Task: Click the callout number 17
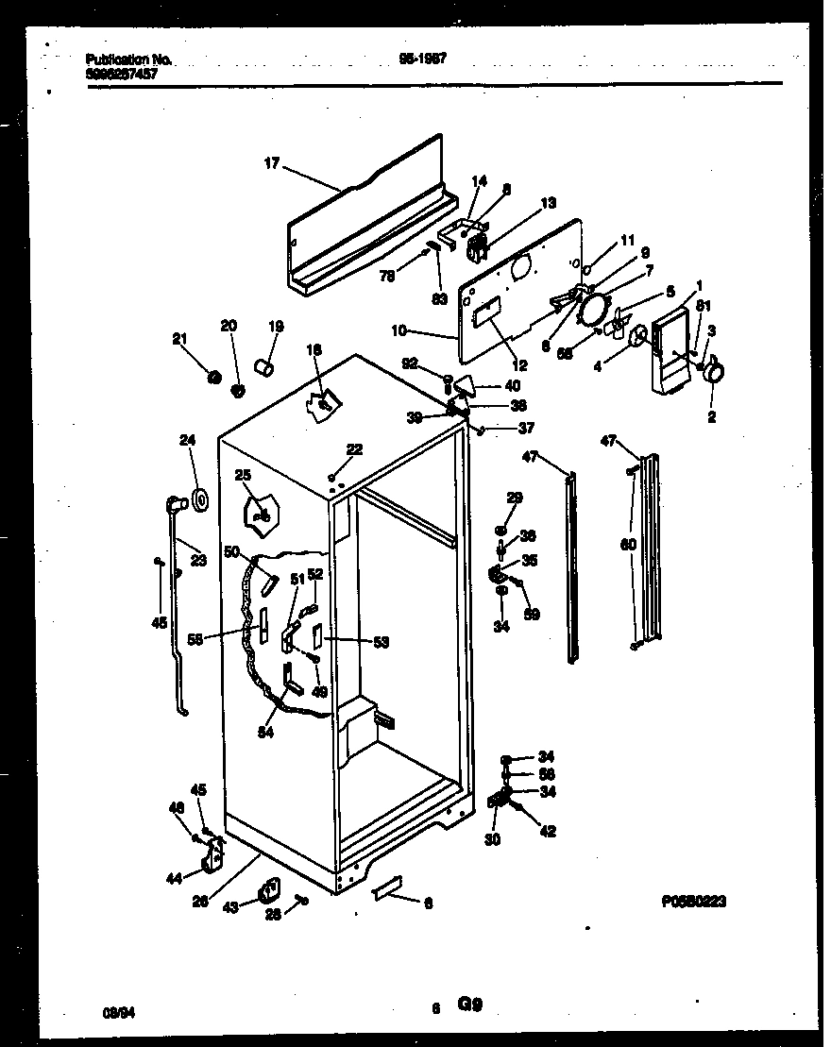pos(271,164)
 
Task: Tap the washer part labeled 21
pos(214,378)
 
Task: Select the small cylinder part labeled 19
pos(265,366)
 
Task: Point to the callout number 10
pos(398,331)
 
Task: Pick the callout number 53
pos(381,642)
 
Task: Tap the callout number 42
pos(548,832)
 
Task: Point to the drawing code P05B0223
pos(694,902)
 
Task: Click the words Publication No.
pos(128,59)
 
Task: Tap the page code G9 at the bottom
pos(472,1005)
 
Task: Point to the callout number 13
pos(548,202)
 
